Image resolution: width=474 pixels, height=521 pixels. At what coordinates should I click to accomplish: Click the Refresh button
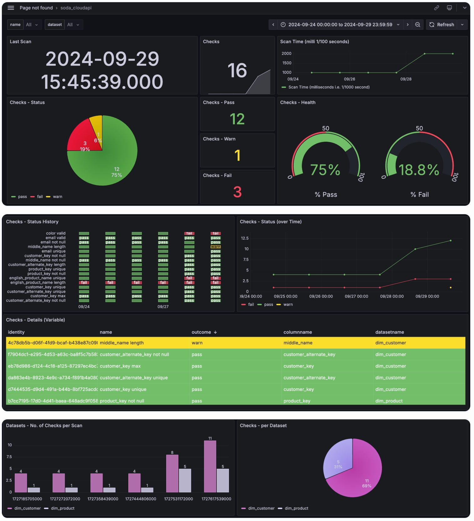[x=441, y=25]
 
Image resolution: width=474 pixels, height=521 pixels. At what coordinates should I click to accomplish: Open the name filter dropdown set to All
[x=32, y=25]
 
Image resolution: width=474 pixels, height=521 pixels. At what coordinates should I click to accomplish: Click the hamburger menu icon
[x=11, y=8]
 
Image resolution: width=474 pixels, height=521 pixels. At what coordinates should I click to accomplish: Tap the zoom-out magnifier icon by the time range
[x=418, y=25]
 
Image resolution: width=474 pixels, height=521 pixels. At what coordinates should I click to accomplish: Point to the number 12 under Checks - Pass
[x=237, y=119]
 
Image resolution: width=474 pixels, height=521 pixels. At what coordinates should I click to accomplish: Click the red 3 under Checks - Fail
[x=237, y=192]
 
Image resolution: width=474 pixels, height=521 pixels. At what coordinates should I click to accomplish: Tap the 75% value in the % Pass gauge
[x=325, y=170]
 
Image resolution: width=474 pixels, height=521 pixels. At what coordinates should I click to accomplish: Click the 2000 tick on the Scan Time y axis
[x=286, y=53]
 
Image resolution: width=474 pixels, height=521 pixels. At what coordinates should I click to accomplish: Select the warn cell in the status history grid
[x=216, y=247]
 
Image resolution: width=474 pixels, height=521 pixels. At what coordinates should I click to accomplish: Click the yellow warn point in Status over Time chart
[x=451, y=287]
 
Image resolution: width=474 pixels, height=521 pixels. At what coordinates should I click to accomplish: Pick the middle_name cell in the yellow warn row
[x=298, y=343]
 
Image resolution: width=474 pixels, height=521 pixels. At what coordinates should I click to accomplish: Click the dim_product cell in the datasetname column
[x=389, y=401]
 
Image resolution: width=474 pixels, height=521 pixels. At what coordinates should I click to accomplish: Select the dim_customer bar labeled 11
[x=210, y=466]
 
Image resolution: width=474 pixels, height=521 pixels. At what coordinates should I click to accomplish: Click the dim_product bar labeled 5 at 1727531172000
[x=185, y=480]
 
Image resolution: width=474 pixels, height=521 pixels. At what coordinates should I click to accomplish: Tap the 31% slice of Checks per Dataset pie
[x=337, y=461]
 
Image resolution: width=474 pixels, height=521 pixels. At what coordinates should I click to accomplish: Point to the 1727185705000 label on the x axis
[x=27, y=499]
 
